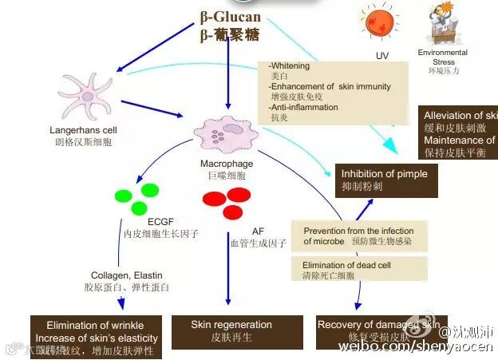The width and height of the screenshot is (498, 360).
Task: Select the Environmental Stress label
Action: point(443,57)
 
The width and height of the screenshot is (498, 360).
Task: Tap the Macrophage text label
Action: point(227,164)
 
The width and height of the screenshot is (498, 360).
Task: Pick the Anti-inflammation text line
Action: point(304,107)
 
